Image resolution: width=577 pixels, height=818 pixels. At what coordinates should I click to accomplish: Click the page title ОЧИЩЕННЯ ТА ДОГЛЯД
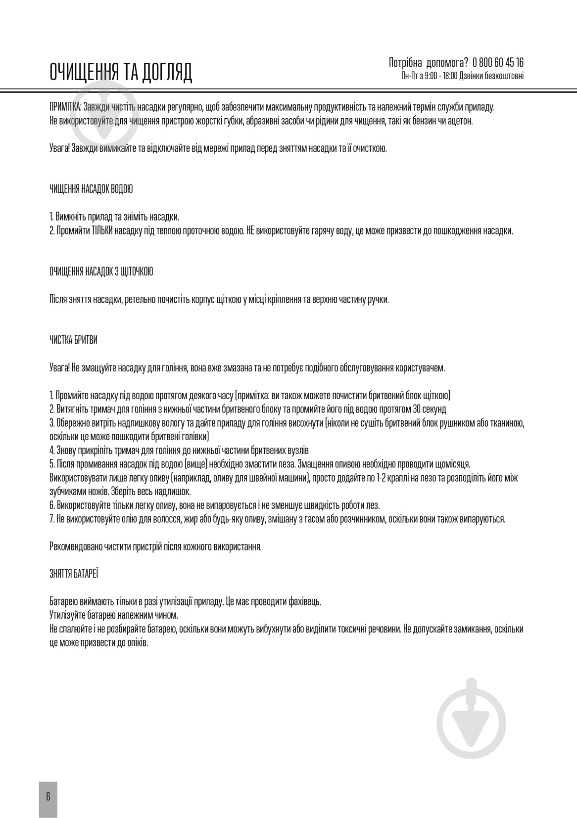click(x=121, y=72)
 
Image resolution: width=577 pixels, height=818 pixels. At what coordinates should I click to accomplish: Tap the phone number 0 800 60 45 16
click(x=498, y=62)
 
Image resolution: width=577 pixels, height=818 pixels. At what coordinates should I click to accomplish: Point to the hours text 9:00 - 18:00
click(x=437, y=76)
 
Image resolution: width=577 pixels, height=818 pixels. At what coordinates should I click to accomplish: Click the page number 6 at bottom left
click(x=48, y=796)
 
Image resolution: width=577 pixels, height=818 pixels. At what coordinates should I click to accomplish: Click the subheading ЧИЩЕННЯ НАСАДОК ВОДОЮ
click(x=91, y=189)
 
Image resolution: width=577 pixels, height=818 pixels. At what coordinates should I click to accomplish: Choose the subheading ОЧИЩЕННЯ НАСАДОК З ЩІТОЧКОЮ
click(x=101, y=272)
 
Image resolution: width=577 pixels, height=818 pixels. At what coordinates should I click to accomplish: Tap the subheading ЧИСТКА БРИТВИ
click(x=73, y=340)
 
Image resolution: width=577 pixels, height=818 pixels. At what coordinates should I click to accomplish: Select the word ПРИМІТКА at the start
click(x=65, y=107)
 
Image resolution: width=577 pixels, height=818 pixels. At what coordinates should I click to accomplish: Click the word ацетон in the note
click(x=461, y=121)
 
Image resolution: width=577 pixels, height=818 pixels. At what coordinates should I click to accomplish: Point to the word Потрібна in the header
click(x=405, y=62)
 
